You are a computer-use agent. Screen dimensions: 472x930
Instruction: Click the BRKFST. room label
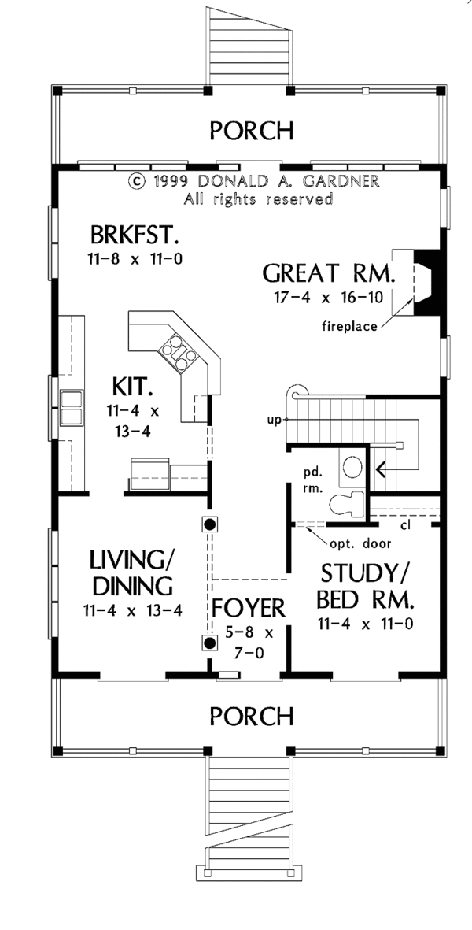coord(135,235)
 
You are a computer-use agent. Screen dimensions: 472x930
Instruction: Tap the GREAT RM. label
coord(330,273)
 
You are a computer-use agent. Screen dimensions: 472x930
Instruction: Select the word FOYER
coord(249,608)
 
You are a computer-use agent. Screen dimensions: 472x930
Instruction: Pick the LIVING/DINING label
coord(131,572)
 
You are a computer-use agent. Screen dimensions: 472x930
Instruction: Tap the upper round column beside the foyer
coord(209,524)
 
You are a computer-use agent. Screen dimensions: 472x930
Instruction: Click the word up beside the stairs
coord(273,420)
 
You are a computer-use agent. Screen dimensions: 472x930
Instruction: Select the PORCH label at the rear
coord(252,130)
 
